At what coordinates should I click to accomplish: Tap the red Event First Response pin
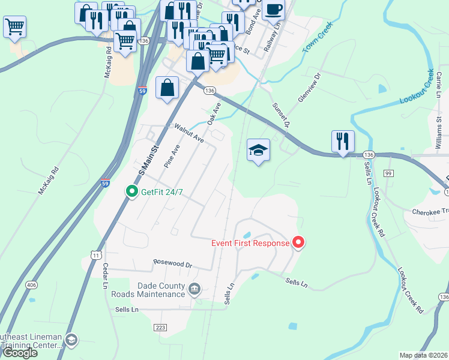pos(298,243)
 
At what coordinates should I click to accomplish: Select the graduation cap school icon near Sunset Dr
pos(258,150)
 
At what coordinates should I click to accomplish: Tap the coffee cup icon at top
pos(273,10)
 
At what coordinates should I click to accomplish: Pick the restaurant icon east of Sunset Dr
pos(343,142)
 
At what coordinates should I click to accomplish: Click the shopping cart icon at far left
pos(14,26)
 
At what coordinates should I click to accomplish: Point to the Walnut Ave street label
pos(189,133)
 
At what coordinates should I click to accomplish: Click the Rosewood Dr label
pos(172,263)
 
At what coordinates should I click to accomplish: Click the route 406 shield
pos(31,285)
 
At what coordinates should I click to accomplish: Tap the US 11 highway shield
pos(96,256)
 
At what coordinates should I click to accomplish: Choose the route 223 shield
pos(160,328)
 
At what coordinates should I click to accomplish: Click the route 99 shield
pos(388,173)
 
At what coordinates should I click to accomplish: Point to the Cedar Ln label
pos(104,276)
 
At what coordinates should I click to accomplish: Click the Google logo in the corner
pos(20,353)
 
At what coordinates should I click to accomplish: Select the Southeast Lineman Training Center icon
pos(71,340)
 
